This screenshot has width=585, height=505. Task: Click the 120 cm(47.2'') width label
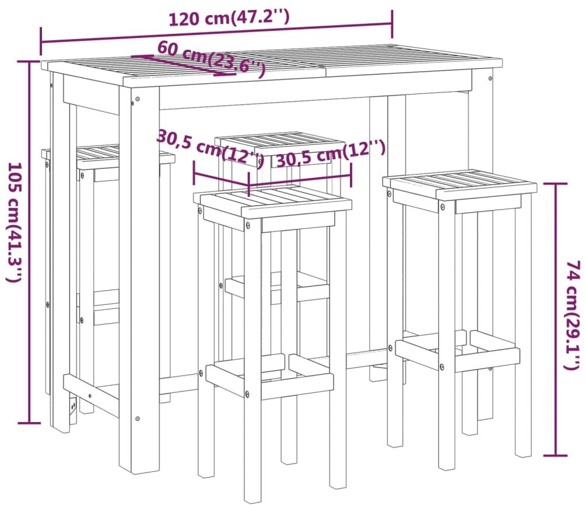(x=229, y=18)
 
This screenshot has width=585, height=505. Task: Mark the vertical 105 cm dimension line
(x=29, y=242)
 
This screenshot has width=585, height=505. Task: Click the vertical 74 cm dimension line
(x=556, y=320)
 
